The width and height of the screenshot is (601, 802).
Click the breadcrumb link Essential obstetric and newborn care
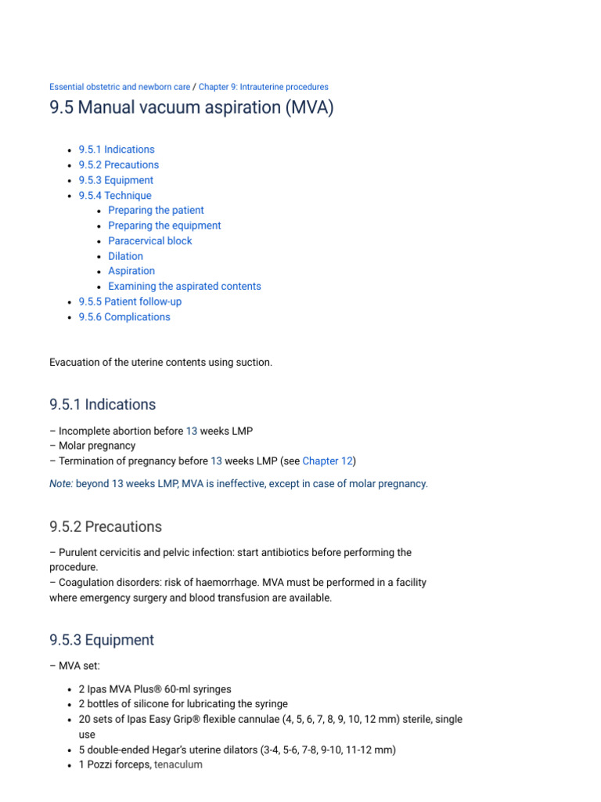pos(119,87)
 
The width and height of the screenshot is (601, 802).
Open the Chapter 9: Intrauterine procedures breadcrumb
pos(263,87)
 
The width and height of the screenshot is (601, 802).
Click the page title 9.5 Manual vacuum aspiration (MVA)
pos(191,107)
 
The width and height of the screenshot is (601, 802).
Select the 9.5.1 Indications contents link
pos(117,150)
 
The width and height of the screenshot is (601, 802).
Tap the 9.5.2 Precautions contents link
pos(118,165)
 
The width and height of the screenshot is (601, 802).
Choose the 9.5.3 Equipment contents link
pos(116,180)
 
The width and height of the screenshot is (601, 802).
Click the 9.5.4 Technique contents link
pos(115,196)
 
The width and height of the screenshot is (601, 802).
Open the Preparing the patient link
pos(156,211)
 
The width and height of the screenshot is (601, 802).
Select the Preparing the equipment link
pos(164,226)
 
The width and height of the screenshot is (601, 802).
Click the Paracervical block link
pos(149,241)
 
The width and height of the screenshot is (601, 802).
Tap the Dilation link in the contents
pos(125,256)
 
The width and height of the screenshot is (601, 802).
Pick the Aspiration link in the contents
pos(131,271)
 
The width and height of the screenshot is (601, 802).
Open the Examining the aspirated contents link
pos(185,287)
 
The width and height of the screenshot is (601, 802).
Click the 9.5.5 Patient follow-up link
pos(130,302)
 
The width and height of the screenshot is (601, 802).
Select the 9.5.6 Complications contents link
pos(124,317)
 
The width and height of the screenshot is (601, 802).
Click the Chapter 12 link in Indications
pos(327,461)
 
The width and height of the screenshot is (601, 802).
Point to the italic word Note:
pos(61,484)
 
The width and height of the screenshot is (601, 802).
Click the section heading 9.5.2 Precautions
pos(106,526)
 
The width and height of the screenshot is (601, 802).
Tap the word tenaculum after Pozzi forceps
pos(178,764)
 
